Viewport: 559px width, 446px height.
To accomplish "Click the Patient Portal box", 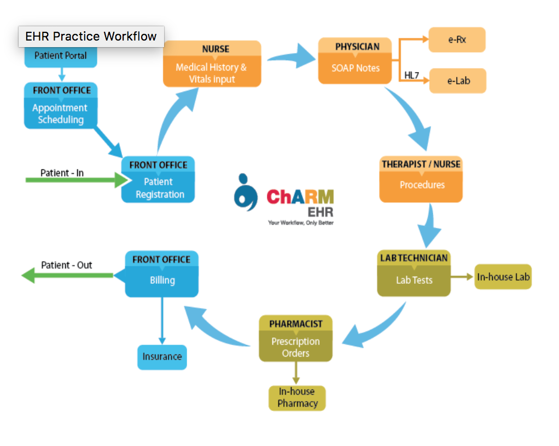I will [60, 56].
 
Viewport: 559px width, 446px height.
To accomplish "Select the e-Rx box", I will [457, 39].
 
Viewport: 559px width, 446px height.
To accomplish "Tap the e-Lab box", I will [457, 81].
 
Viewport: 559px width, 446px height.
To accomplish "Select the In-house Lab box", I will [503, 277].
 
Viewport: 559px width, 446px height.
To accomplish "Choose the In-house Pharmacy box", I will [297, 398].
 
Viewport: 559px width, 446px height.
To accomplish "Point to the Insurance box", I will [162, 357].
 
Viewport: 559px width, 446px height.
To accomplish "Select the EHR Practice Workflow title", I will [91, 37].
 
